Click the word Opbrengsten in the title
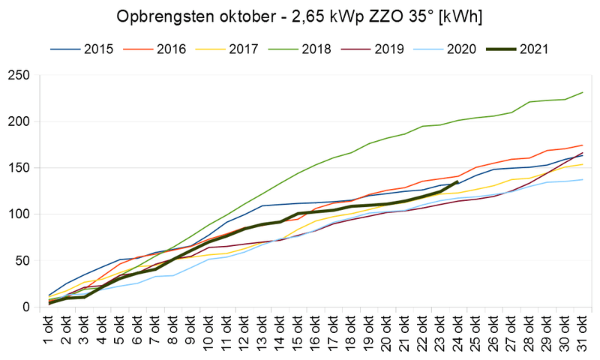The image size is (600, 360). click(162, 16)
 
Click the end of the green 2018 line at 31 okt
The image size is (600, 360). click(582, 92)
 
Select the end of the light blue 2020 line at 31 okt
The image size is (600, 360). click(582, 179)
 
